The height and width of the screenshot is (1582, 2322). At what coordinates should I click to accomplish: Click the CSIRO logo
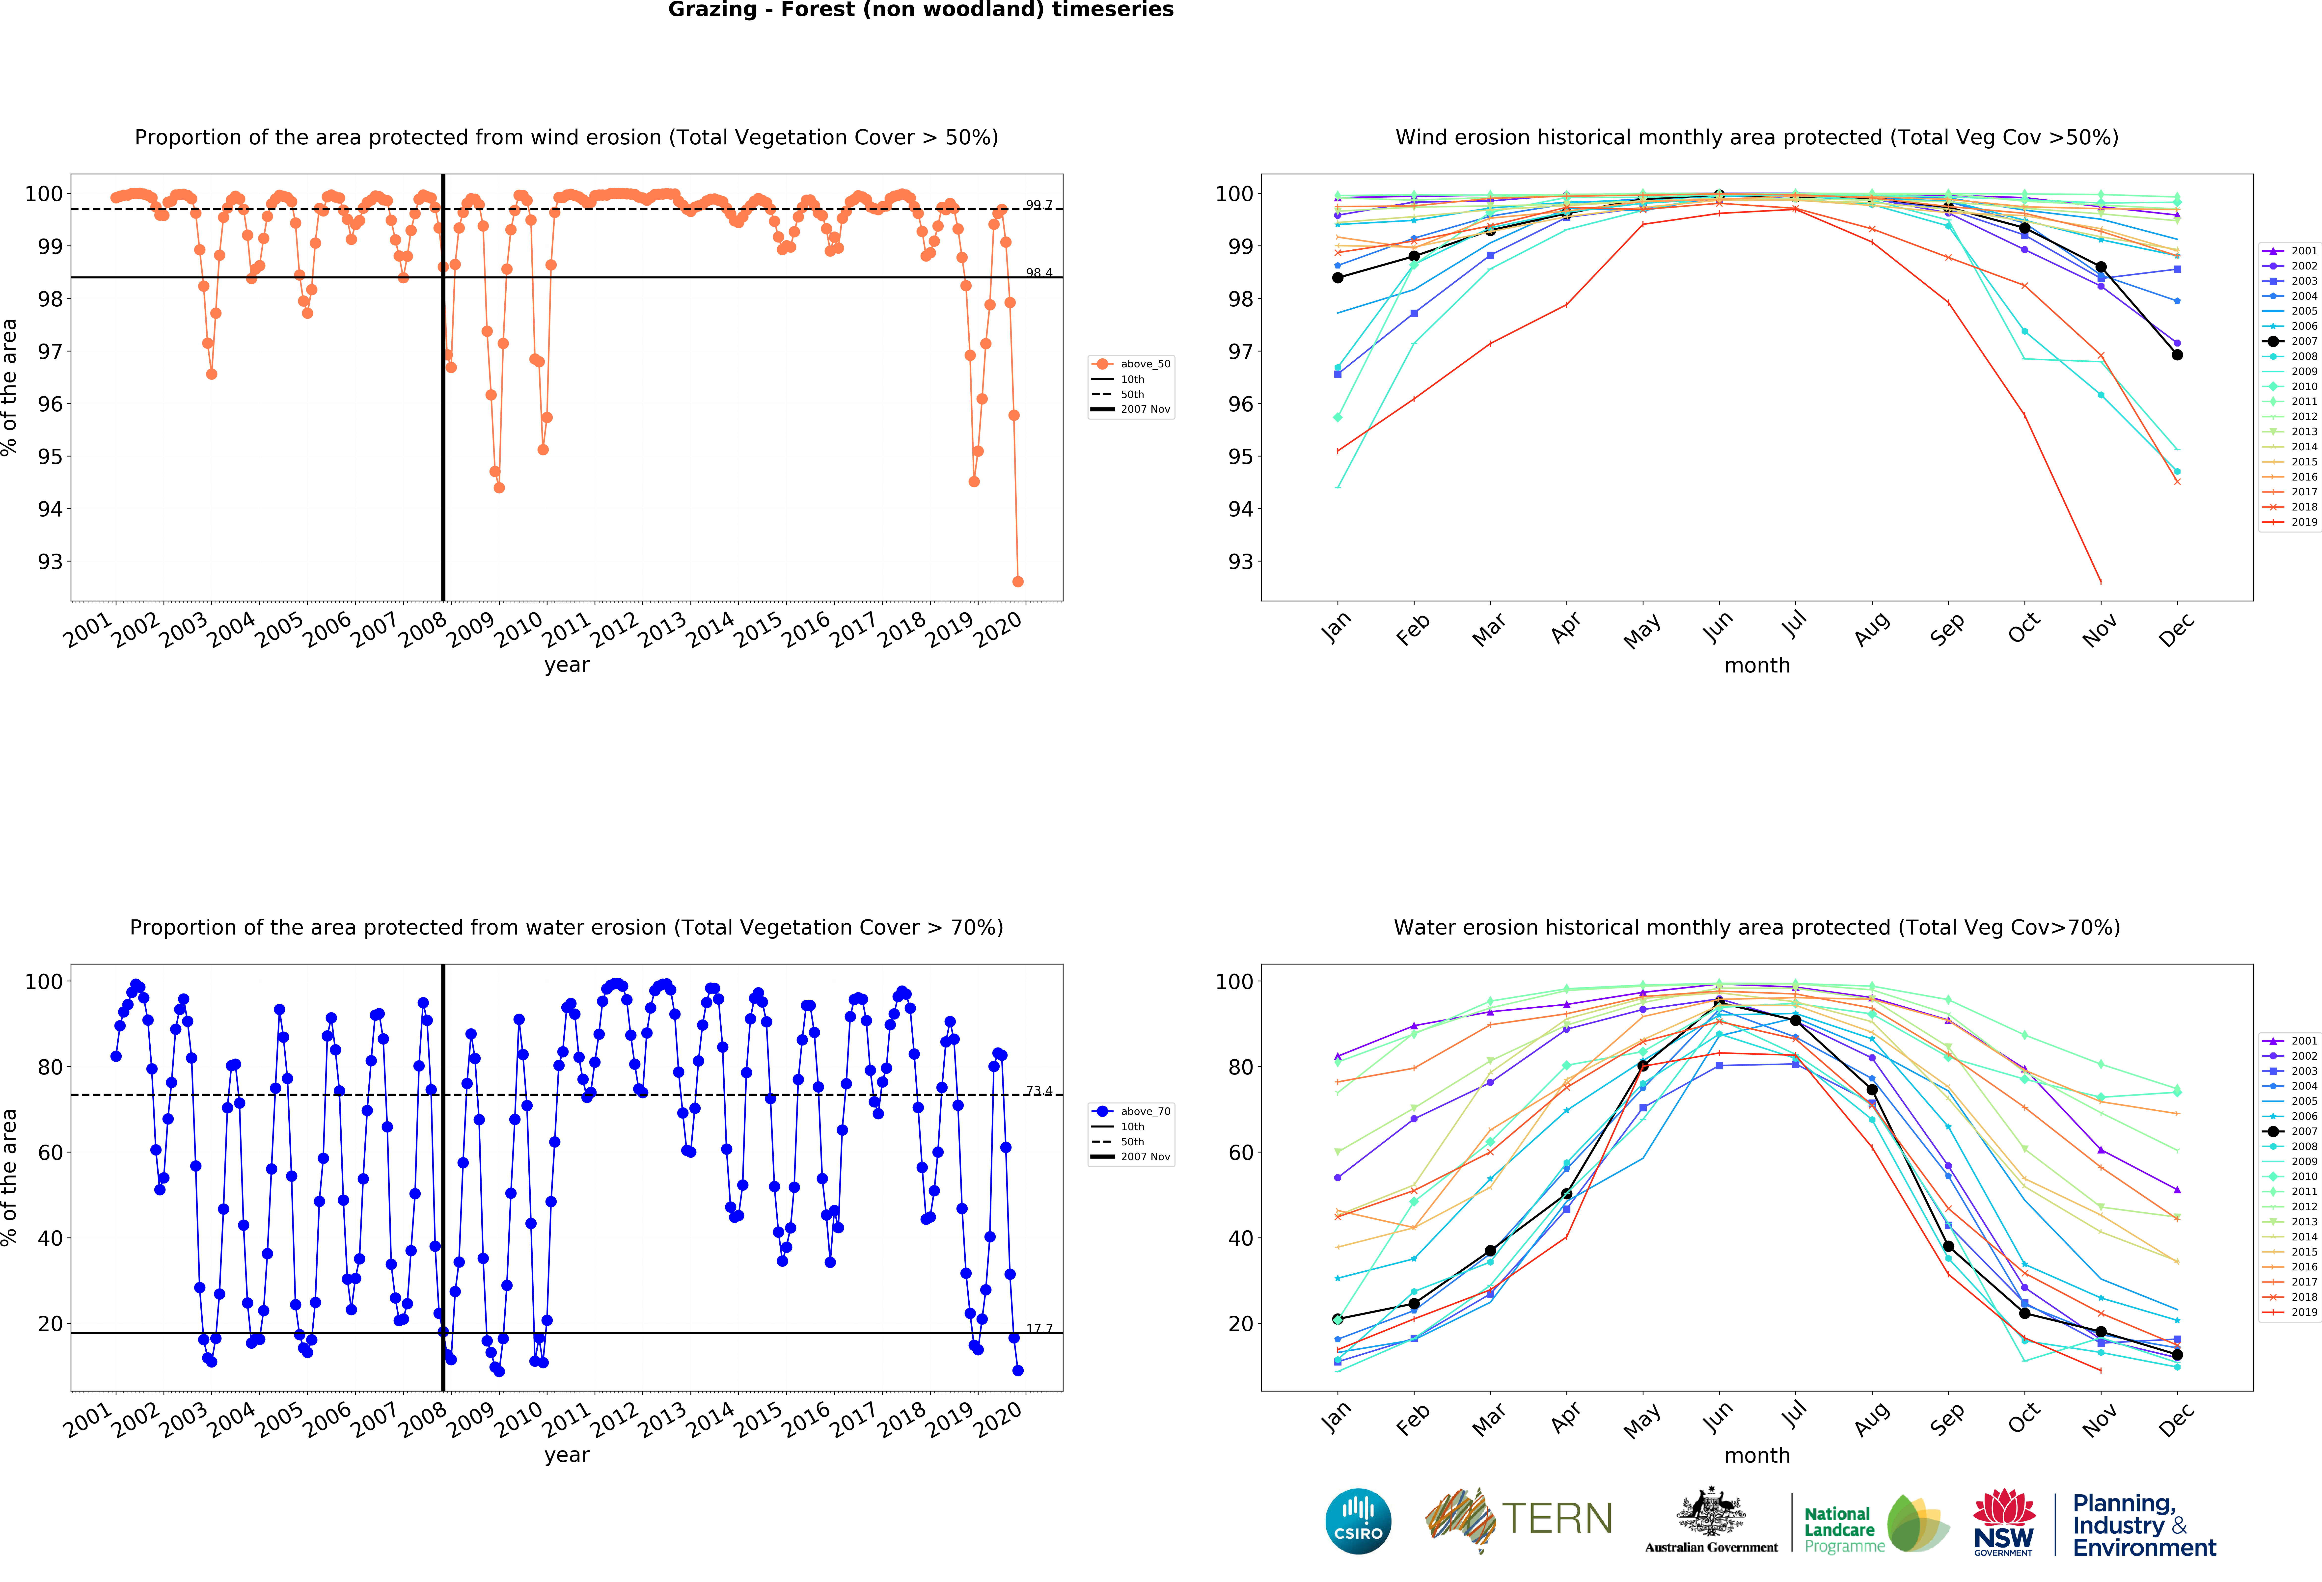[x=1358, y=1521]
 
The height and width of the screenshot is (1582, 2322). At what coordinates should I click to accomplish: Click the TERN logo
[x=1519, y=1519]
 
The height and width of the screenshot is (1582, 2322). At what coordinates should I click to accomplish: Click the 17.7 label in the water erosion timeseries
[x=1039, y=1328]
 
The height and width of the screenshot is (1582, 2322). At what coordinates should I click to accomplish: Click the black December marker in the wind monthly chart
[x=2177, y=354]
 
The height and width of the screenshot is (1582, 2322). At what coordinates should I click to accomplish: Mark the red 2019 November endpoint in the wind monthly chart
[x=2100, y=581]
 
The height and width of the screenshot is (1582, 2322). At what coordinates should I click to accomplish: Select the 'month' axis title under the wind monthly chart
[x=1756, y=665]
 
